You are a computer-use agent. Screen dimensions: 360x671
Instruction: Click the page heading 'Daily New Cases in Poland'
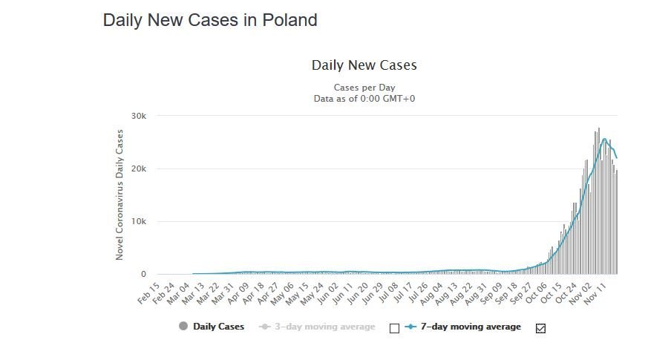click(x=210, y=20)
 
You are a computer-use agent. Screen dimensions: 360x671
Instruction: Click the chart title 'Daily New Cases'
click(x=364, y=65)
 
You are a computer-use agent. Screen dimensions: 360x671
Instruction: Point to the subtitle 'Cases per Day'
click(x=364, y=88)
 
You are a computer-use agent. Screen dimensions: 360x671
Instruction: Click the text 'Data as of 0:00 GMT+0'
click(x=364, y=99)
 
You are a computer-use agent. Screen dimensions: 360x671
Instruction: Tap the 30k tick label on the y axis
click(x=139, y=117)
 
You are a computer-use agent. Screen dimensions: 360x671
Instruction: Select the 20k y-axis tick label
click(x=139, y=169)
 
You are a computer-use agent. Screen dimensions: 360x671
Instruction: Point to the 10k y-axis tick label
click(x=139, y=222)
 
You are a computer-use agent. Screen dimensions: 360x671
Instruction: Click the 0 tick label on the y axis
click(x=143, y=275)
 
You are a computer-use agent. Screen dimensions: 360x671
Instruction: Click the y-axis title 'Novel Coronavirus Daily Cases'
click(x=120, y=195)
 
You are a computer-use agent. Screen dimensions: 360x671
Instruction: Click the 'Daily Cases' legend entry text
click(x=218, y=327)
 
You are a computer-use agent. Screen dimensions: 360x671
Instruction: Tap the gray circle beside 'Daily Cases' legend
click(x=183, y=327)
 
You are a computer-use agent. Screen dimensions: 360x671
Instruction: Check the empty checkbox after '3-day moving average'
click(x=395, y=328)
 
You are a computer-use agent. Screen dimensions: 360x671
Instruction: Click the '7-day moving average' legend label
click(x=471, y=327)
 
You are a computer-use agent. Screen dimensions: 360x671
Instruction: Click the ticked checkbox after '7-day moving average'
click(x=540, y=328)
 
